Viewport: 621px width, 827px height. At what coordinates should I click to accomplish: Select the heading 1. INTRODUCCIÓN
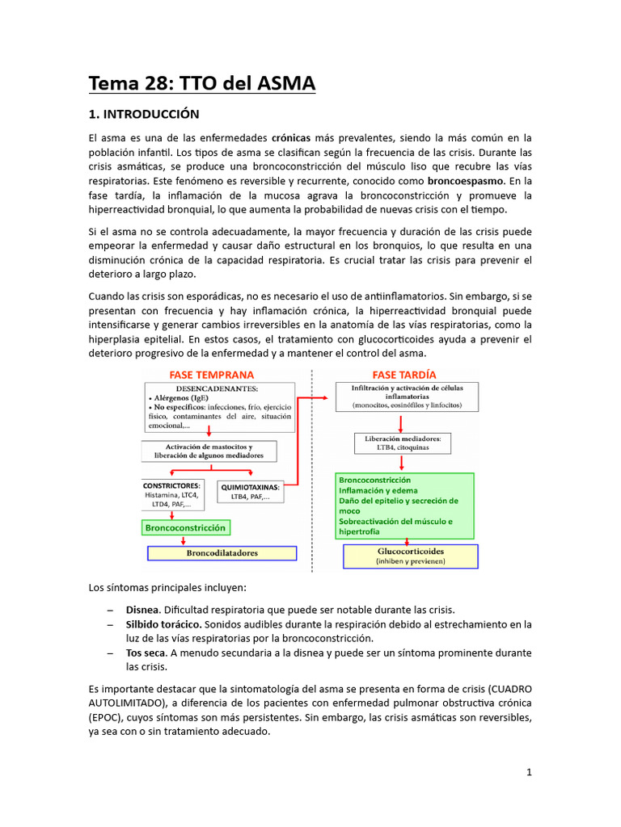(144, 114)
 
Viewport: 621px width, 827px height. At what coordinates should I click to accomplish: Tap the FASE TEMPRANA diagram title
(211, 375)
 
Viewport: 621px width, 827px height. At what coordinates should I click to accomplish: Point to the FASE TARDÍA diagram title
(403, 375)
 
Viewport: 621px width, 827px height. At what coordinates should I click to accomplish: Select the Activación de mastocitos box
(209, 451)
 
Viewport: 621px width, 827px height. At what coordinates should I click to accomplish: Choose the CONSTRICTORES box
(172, 495)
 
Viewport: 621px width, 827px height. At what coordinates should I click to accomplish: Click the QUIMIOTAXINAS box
(250, 492)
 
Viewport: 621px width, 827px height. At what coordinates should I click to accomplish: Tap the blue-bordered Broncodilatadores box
(222, 553)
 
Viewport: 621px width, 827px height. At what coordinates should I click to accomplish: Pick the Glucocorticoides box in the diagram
(411, 556)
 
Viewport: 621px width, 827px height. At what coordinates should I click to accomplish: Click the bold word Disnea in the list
(142, 609)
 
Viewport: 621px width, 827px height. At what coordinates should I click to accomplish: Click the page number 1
(529, 772)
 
